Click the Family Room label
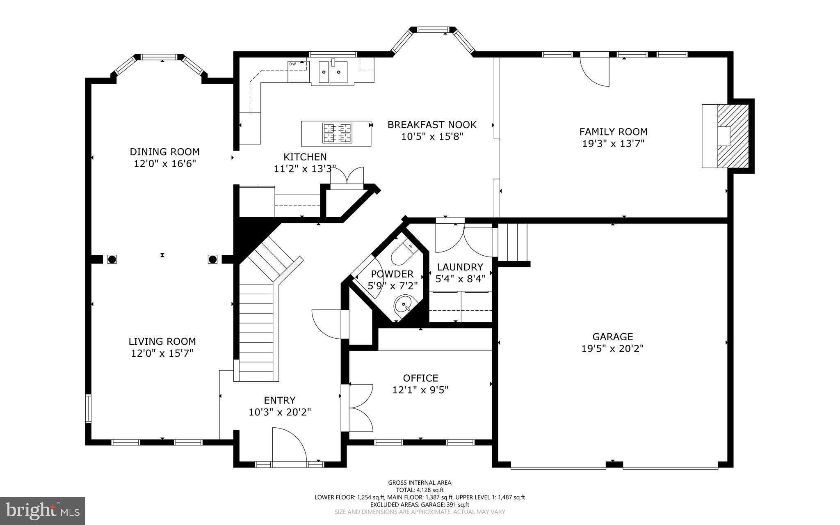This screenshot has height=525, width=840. [x=613, y=132]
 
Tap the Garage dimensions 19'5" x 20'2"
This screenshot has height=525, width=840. [x=612, y=349]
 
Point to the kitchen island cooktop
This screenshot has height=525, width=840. [x=337, y=133]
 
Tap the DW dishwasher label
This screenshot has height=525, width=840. [x=292, y=64]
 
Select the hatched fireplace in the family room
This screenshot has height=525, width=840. [x=733, y=136]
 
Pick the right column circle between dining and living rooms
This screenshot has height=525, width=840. [x=212, y=259]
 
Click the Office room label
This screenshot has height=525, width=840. [x=420, y=378]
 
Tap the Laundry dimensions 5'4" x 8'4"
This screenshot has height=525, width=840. [x=460, y=279]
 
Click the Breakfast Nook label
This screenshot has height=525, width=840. [x=432, y=124]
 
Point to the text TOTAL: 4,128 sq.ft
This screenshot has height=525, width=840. [x=420, y=490]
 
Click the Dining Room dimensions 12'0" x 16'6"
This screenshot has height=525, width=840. [x=165, y=164]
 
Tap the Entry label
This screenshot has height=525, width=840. [x=280, y=400]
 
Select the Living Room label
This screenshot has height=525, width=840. [x=162, y=341]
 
